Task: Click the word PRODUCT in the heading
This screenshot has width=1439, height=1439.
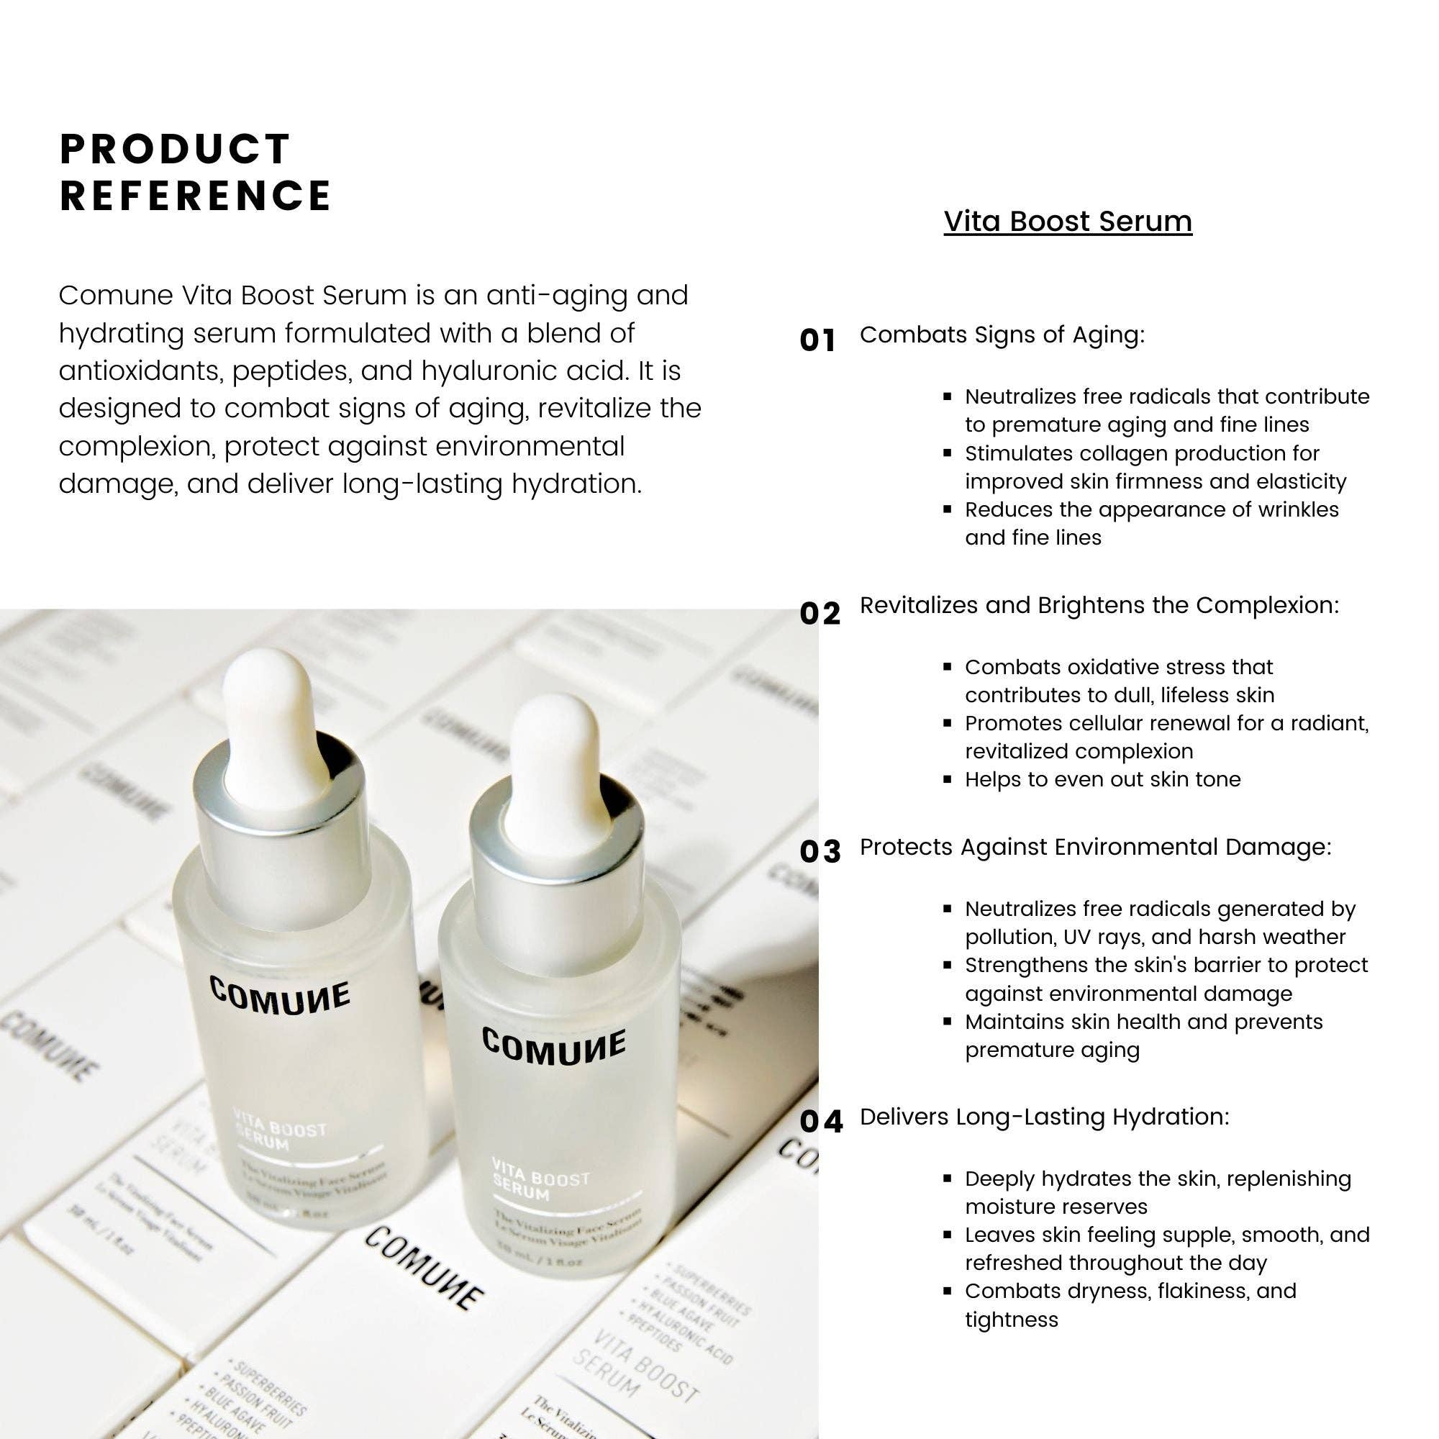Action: [175, 149]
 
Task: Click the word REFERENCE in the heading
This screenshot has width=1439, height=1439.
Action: [195, 196]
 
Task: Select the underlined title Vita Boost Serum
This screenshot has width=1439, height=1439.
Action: [1067, 221]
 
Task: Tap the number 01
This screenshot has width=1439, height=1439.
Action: [818, 340]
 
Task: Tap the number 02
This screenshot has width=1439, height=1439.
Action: [820, 613]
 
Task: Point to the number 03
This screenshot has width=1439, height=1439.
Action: [820, 851]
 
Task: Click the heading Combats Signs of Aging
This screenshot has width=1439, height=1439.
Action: [1002, 335]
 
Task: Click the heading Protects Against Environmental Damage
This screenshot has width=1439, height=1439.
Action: [1095, 847]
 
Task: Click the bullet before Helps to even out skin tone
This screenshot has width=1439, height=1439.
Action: [948, 780]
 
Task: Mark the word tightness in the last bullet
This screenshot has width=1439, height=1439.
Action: [1012, 1319]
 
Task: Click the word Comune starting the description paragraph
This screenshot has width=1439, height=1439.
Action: [115, 296]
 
